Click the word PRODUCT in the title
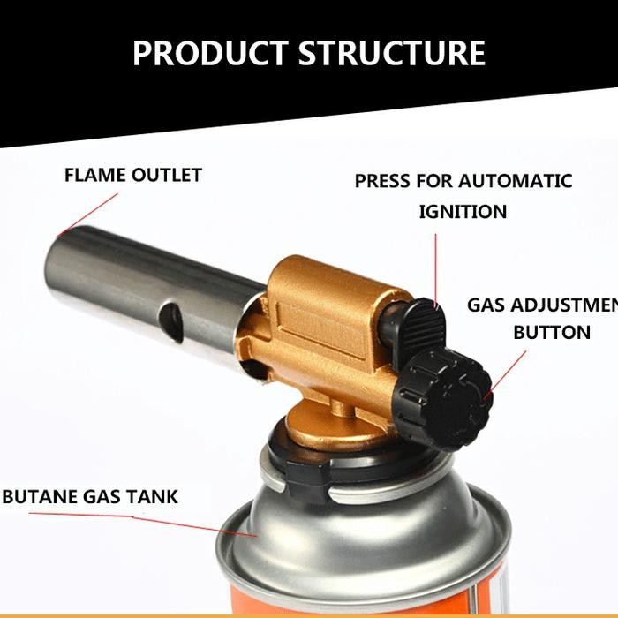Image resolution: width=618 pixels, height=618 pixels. coord(210,53)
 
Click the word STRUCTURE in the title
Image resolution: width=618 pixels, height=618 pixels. coord(391,53)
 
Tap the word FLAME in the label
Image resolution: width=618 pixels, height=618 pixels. coord(95,175)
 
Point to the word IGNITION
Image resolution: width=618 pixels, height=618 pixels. coord(463,212)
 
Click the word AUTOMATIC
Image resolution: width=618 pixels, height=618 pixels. coord(516,181)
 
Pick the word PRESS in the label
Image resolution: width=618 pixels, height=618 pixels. coord(382,181)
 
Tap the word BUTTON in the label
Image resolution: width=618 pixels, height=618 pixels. coord(552,333)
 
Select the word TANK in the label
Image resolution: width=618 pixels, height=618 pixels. coord(152,496)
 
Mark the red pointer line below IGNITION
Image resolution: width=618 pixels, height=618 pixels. coord(435,265)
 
